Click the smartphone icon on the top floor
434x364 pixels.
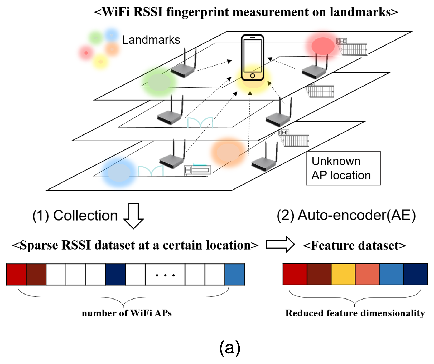point(252,57)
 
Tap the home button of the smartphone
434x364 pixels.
point(252,76)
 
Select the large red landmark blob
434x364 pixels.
point(323,46)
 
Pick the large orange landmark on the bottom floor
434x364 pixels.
point(228,152)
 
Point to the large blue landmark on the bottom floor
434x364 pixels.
point(119,173)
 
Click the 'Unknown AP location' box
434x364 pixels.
point(343,168)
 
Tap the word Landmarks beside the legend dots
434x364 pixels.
point(151,40)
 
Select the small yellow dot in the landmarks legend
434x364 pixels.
point(100,62)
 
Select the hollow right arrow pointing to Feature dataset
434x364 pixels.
point(280,245)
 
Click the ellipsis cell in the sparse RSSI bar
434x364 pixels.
point(165,274)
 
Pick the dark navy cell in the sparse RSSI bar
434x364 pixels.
point(115,274)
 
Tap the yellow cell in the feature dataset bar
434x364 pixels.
point(343,274)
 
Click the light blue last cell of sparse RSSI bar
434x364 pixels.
point(235,274)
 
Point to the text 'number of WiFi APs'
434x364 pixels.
point(127,313)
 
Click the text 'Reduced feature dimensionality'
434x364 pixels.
point(355,313)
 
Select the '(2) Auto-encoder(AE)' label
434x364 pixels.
point(346,215)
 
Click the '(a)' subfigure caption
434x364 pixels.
point(229,347)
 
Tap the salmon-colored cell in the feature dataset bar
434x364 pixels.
point(367,274)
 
